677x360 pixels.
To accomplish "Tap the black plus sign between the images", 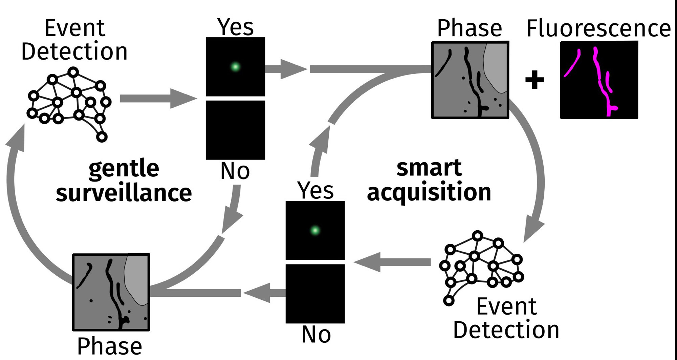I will click(x=534, y=80).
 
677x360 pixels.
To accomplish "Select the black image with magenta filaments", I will click(x=599, y=80).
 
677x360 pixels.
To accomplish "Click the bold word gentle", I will click(x=124, y=168).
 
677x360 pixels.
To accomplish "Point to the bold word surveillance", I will click(x=124, y=193).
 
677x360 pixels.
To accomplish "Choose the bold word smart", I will click(x=429, y=167).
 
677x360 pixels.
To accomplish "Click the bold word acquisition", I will click(x=429, y=192).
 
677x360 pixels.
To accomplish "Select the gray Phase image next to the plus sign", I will click(x=470, y=80).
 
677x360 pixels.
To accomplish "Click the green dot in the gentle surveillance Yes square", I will click(x=235, y=67).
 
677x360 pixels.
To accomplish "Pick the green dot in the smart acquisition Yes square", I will click(x=315, y=231).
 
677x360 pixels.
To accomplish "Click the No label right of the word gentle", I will click(x=235, y=171).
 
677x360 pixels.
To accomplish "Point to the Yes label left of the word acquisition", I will click(x=315, y=190).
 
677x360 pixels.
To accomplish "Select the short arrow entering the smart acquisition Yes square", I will click(x=393, y=262).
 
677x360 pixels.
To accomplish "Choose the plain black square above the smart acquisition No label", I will click(x=315, y=294).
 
